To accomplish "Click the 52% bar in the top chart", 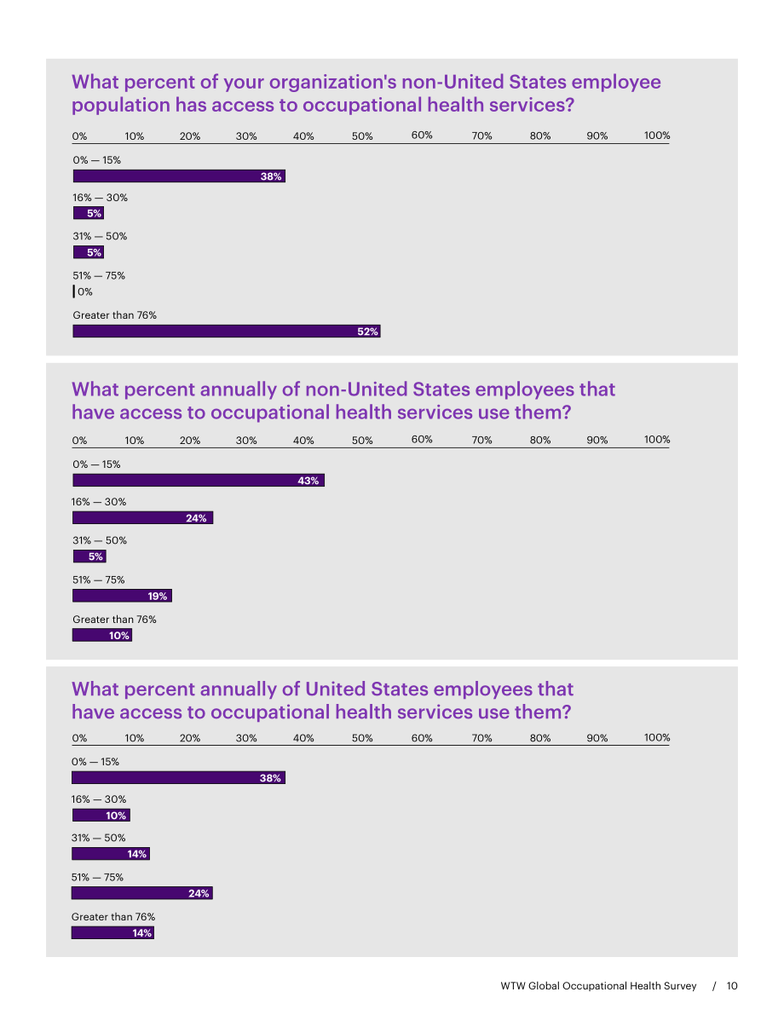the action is (227, 332).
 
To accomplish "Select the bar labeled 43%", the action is (198, 481).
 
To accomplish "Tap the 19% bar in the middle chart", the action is (123, 596).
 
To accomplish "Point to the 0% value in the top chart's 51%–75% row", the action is (85, 292).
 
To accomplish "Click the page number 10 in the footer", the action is (731, 986).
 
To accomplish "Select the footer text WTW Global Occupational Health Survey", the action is (598, 986).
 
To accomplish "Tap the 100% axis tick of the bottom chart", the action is (656, 737).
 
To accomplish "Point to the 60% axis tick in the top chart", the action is (422, 136).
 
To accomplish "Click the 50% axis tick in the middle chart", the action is (362, 441).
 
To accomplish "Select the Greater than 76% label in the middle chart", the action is (114, 620).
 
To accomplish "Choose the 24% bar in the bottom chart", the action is (141, 893).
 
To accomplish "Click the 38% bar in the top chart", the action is (179, 176).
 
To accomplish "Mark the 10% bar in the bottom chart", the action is (101, 815).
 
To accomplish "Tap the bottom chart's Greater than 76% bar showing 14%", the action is (112, 933).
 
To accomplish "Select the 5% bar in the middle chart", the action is (89, 556).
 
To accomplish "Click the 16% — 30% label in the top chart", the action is (100, 198).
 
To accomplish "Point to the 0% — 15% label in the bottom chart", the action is (95, 762).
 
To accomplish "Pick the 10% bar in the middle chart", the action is (102, 635).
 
